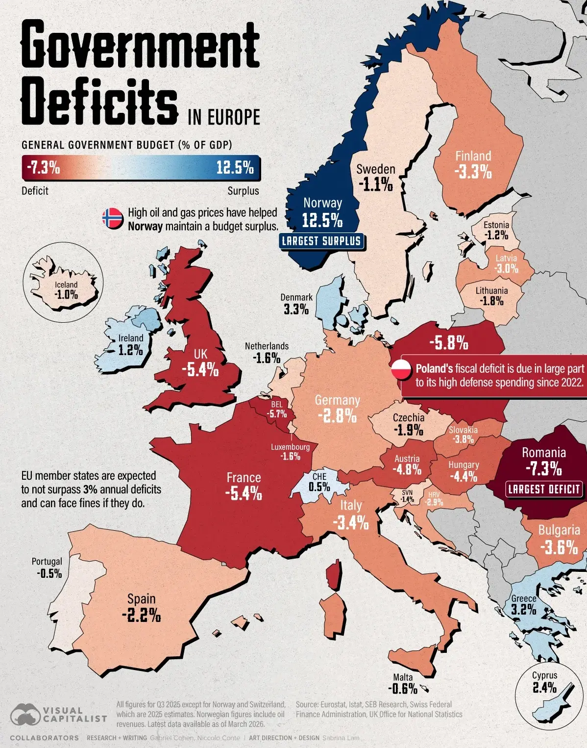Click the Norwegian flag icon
pyautogui.click(x=113, y=218)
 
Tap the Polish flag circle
pyautogui.click(x=401, y=369)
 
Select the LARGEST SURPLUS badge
pyautogui.click(x=321, y=241)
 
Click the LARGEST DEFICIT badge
pyautogui.click(x=544, y=489)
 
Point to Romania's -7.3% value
pyautogui.click(x=544, y=468)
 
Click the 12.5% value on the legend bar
pyautogui.click(x=235, y=168)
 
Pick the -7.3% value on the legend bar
pyautogui.click(x=43, y=168)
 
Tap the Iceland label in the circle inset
pyautogui.click(x=66, y=284)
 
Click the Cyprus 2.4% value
pyautogui.click(x=544, y=687)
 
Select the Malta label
pyautogui.click(x=403, y=668)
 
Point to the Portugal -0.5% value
pyautogui.click(x=49, y=573)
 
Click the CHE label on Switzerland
pyautogui.click(x=319, y=476)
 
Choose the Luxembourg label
pyautogui.click(x=290, y=447)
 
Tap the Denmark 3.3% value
pyautogui.click(x=296, y=310)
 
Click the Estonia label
pyautogui.click(x=496, y=225)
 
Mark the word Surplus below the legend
pyautogui.click(x=243, y=191)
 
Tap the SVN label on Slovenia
pyautogui.click(x=407, y=492)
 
